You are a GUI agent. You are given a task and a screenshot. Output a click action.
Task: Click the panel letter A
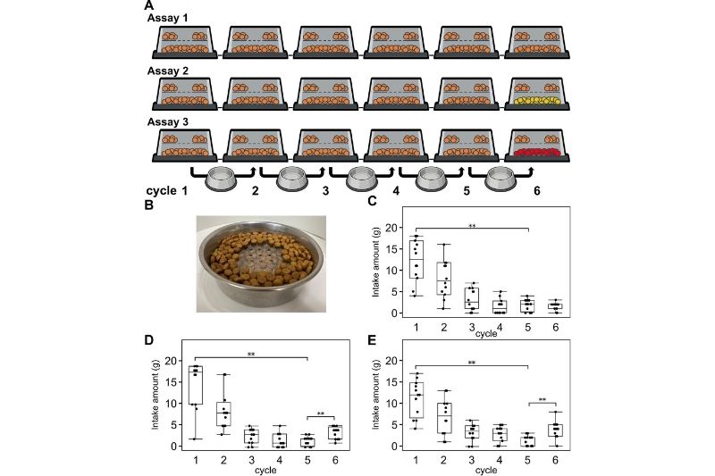pyautogui.click(x=148, y=5)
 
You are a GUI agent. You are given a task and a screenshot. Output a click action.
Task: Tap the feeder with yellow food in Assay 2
pyautogui.click(x=538, y=99)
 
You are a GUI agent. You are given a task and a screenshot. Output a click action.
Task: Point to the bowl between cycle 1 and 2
pyautogui.click(x=223, y=181)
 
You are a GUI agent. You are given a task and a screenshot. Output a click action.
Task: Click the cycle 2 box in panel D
pyautogui.click(x=223, y=413)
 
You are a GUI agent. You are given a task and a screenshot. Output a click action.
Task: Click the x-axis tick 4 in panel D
pyautogui.click(x=281, y=458)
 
